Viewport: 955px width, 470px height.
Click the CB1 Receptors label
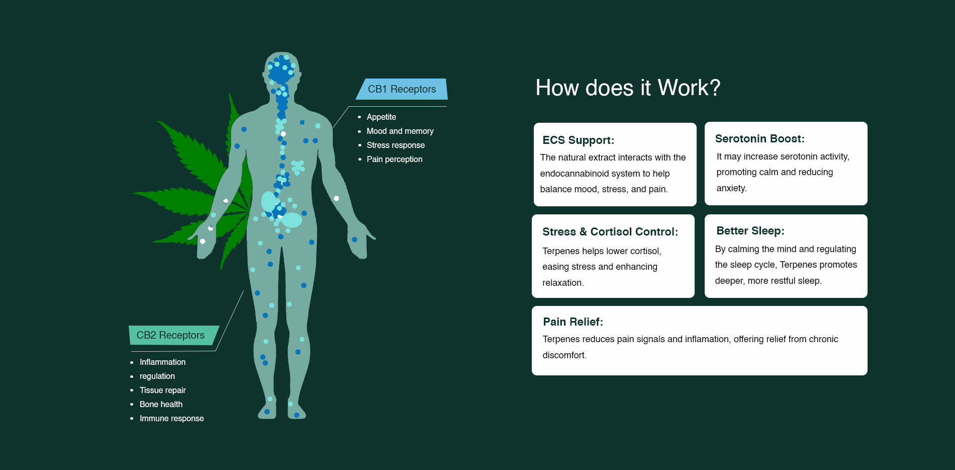tap(402, 89)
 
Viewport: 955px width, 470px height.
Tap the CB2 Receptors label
tap(170, 335)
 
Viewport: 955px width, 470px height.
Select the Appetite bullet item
tap(381, 117)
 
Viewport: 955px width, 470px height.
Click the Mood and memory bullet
tap(400, 131)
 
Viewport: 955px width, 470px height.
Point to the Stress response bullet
tap(396, 145)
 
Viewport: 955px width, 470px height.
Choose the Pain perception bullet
tap(395, 159)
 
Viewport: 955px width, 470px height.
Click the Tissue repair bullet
tap(162, 390)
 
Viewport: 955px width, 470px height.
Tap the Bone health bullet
tap(161, 404)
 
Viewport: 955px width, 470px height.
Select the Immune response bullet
tap(171, 418)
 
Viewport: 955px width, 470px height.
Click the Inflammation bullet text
tap(162, 362)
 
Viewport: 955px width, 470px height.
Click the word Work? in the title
tap(689, 88)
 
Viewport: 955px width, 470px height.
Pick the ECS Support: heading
tap(578, 140)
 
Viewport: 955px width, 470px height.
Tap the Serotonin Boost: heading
tap(759, 139)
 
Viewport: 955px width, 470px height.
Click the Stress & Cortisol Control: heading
tap(610, 232)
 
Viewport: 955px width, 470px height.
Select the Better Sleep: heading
tap(750, 231)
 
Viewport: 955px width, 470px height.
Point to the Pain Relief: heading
tap(572, 322)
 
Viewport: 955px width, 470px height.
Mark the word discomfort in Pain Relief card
tap(563, 355)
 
